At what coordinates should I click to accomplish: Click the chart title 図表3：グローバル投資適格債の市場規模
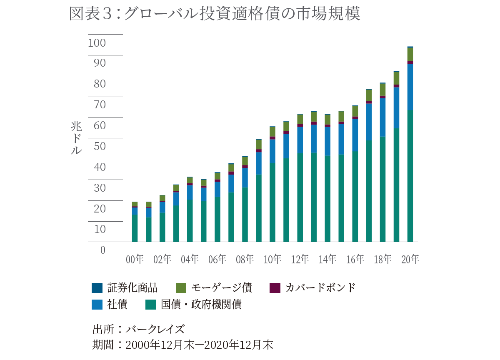(x=214, y=14)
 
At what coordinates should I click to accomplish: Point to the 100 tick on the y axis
(x=97, y=43)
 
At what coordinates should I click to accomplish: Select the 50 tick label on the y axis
(x=97, y=146)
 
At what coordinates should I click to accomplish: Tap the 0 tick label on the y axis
(x=103, y=250)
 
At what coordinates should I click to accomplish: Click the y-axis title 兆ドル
(x=76, y=138)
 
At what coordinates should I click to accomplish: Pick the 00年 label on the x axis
(x=135, y=260)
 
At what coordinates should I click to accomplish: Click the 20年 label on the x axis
(x=410, y=260)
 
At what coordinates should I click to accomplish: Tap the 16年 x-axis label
(x=355, y=260)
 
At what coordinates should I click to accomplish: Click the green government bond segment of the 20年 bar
(x=410, y=175)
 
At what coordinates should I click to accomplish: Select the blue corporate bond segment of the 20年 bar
(x=410, y=87)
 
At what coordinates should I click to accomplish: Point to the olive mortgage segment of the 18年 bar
(x=382, y=90)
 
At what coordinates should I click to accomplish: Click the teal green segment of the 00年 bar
(x=135, y=228)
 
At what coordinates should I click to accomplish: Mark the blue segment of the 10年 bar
(x=272, y=151)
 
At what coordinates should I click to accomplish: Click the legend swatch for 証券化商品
(x=97, y=287)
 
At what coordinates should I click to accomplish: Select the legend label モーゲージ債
(x=221, y=287)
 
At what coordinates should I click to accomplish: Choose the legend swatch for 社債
(x=97, y=305)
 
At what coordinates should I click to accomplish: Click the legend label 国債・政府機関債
(x=201, y=305)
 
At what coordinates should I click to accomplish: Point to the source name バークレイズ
(x=155, y=329)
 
